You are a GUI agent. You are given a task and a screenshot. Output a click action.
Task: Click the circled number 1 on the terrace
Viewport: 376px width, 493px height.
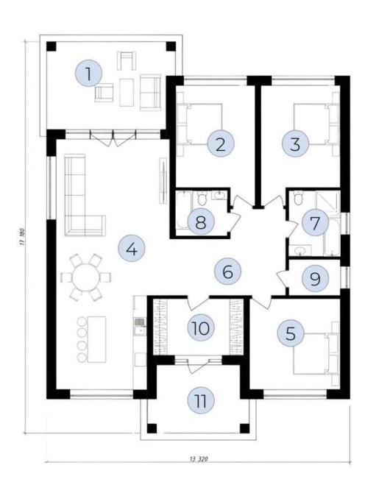pos(89,74)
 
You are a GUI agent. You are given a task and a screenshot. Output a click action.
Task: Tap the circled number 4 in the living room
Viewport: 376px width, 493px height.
pos(132,249)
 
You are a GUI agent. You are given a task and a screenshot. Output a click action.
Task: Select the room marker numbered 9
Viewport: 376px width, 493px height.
pos(315,278)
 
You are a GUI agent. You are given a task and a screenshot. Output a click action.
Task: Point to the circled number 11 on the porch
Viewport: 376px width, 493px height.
pos(201,400)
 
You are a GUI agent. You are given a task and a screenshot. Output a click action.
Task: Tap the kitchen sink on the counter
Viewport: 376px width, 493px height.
pos(140,326)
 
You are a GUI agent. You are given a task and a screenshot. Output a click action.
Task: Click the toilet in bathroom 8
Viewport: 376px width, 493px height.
pos(201,198)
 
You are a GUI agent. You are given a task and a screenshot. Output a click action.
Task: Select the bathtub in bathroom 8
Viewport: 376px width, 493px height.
pos(182,210)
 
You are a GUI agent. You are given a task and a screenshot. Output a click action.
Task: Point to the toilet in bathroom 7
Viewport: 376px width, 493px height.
pos(297,198)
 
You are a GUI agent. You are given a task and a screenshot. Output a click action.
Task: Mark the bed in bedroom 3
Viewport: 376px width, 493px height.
pos(316,124)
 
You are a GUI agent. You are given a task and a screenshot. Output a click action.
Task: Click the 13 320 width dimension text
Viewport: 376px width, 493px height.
pos(199,458)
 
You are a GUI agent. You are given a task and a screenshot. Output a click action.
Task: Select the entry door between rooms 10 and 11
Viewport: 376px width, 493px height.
pos(199,365)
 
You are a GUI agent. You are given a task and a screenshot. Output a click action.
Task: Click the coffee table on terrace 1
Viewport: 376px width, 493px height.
pos(127,93)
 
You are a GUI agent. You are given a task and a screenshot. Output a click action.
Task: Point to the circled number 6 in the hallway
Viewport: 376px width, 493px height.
pos(227,272)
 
